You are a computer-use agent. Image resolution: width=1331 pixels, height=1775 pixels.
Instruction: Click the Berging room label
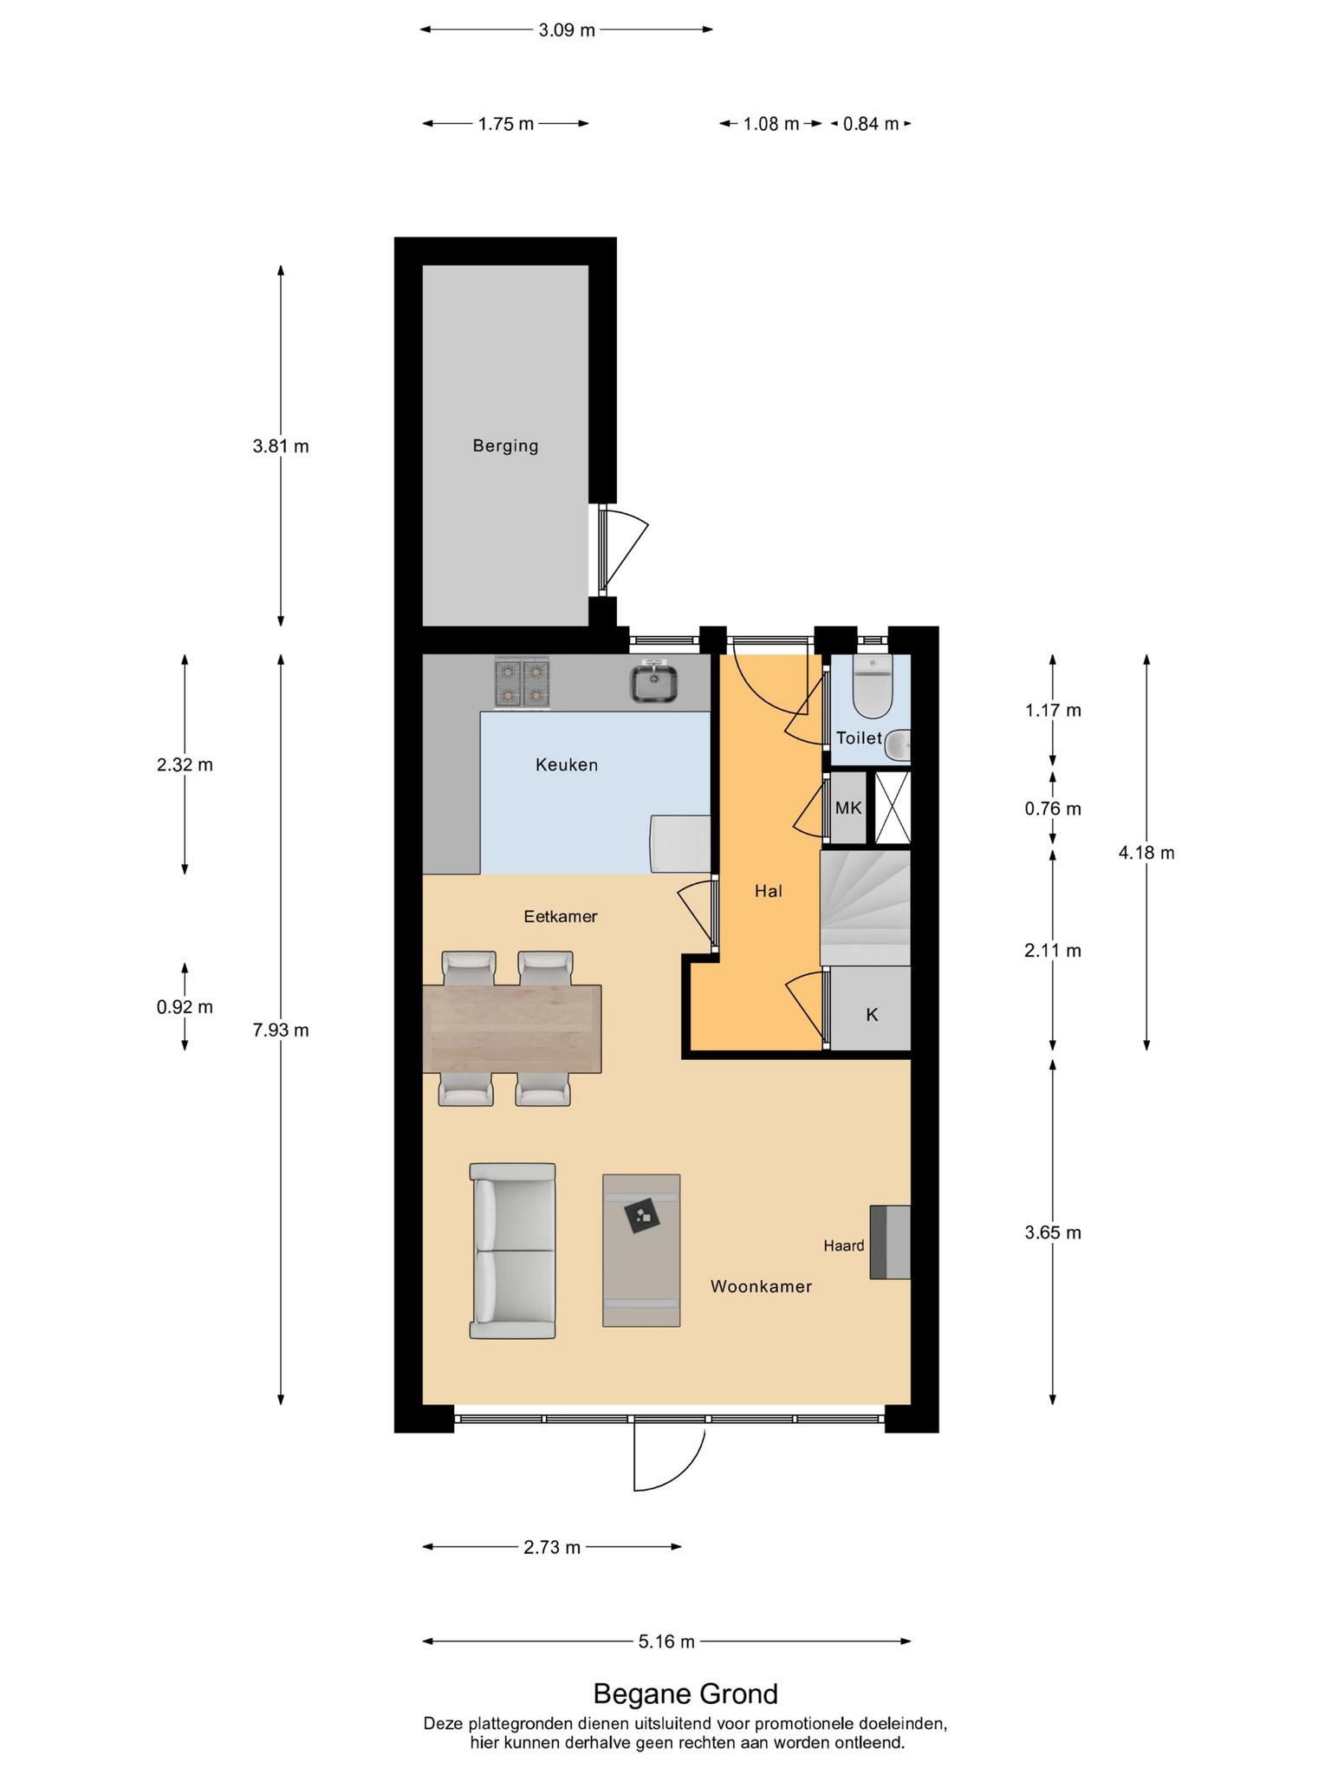pos(505,446)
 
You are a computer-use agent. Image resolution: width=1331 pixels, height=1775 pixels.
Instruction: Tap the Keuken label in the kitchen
pos(567,765)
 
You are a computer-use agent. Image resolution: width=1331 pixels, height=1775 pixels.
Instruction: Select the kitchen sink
pos(653,682)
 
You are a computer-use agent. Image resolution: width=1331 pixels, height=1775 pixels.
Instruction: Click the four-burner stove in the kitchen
pos(523,684)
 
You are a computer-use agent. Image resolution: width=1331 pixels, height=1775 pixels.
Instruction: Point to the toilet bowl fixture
pos(872,686)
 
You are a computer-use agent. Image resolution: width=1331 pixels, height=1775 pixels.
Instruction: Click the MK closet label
pos(848,808)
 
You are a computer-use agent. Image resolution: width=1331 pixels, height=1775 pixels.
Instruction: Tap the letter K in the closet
pos(872,1015)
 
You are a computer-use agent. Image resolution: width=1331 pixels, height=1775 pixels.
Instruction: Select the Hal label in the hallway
pos(769,891)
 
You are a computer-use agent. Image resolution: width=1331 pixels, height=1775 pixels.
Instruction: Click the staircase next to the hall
pos(865,907)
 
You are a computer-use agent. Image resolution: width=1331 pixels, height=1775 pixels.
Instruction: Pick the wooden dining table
pos(512,1029)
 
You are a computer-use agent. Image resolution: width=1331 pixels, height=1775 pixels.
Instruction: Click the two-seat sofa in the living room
pos(512,1251)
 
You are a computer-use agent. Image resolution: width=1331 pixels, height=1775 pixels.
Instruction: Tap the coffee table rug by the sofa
pos(641,1250)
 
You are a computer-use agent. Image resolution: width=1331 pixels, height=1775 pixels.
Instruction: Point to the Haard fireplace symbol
pos(891,1242)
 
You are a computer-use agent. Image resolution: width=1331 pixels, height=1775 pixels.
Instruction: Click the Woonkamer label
pos(762,1287)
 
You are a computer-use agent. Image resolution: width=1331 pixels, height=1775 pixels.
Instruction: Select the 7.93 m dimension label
pos(281,1031)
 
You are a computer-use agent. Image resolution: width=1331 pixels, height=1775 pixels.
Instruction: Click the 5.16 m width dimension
pos(666,1642)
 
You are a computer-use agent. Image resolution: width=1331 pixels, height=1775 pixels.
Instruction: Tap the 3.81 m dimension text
pos(281,447)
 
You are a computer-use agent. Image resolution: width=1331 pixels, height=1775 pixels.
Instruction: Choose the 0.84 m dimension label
pos(871,124)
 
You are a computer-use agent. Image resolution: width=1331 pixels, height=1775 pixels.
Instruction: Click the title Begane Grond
pos(685,1694)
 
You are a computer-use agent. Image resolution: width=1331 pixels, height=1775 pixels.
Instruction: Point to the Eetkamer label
pos(561,917)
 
